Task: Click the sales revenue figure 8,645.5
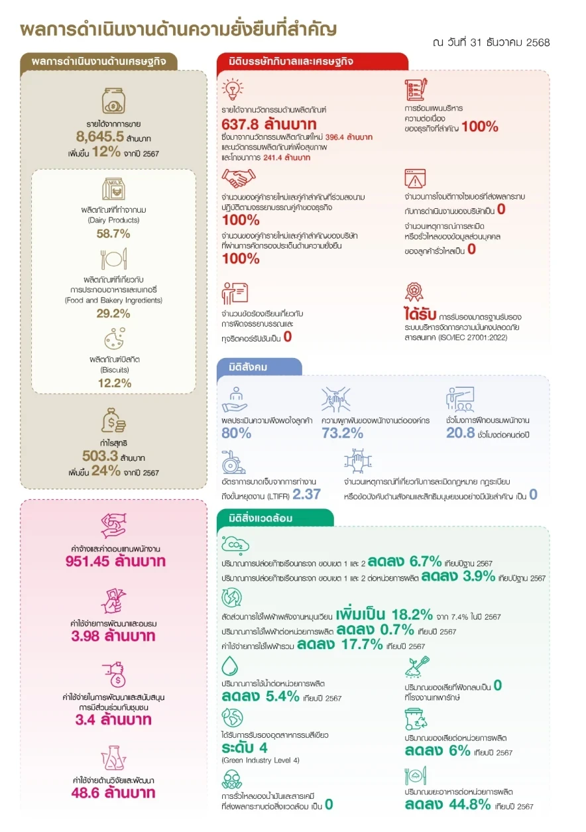(99, 137)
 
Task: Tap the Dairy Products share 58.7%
(113, 233)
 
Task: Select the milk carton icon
(113, 189)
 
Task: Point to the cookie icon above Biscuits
(115, 338)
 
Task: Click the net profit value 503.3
(100, 455)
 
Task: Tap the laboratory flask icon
(113, 758)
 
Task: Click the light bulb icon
(233, 89)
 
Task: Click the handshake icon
(239, 178)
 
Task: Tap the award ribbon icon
(414, 292)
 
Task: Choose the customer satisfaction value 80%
(236, 433)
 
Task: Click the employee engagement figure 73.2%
(342, 433)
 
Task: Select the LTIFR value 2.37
(306, 495)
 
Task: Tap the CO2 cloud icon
(235, 544)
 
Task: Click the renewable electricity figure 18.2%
(412, 615)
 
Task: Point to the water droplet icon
(229, 666)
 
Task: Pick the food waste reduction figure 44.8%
(470, 805)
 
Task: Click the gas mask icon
(232, 779)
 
